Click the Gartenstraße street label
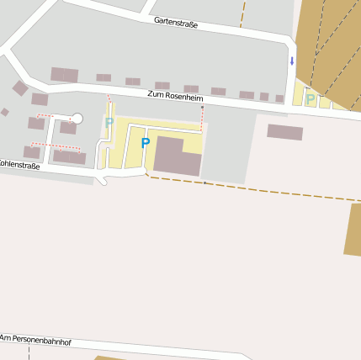[x=176, y=24]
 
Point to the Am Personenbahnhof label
[x=35, y=340]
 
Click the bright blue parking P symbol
[x=146, y=143]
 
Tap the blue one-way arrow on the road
[x=292, y=61]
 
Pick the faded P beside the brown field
[x=311, y=99]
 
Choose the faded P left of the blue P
[x=109, y=123]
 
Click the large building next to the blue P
[x=178, y=156]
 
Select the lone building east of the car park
[x=284, y=131]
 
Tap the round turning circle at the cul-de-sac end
[x=77, y=119]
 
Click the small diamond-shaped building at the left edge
[x=5, y=112]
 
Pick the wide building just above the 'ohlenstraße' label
[x=70, y=156]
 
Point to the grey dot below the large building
[x=204, y=182]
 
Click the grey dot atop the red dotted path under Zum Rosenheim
[x=202, y=107]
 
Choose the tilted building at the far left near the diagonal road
[x=20, y=88]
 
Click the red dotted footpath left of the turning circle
[x=45, y=115]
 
